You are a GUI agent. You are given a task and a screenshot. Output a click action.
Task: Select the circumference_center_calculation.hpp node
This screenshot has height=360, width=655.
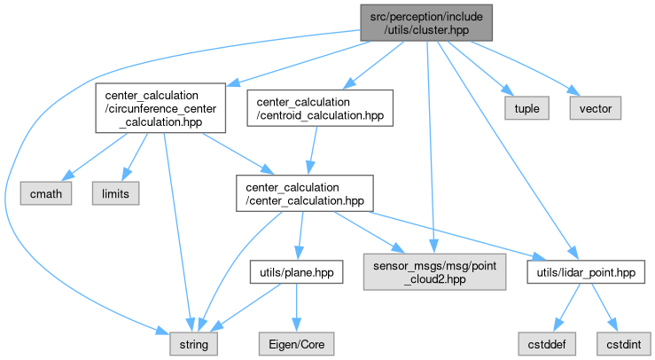pyautogui.click(x=158, y=108)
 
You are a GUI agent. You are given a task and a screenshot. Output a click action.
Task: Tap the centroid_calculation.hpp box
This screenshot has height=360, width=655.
pyautogui.click(x=320, y=108)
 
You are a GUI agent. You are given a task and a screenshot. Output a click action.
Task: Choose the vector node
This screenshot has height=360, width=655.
pyautogui.click(x=596, y=108)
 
